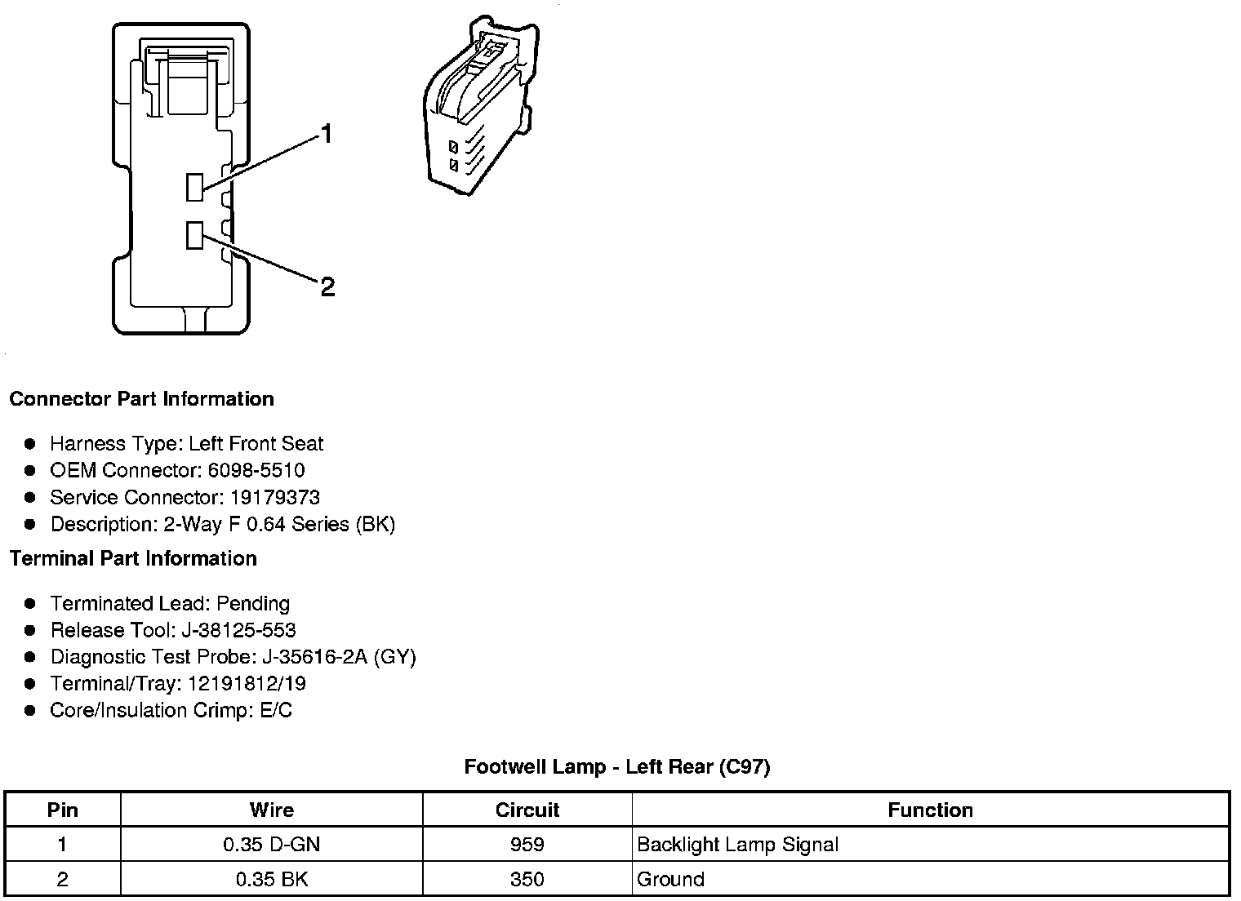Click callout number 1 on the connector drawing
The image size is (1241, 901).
[x=327, y=134]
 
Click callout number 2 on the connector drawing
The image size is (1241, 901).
[x=327, y=286]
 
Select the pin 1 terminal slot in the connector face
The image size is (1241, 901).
[x=194, y=187]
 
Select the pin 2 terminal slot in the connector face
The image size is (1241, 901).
[x=194, y=235]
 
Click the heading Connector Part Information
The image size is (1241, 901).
[x=141, y=399]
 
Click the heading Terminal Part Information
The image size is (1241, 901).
[x=133, y=558]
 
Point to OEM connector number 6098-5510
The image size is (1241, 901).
[x=259, y=470]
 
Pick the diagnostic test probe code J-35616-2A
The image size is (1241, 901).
[x=314, y=657]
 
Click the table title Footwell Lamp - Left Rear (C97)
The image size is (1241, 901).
[x=617, y=766]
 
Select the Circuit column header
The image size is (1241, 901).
[x=527, y=810]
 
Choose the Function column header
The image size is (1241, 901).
[x=930, y=810]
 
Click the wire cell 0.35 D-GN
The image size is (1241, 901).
[x=271, y=844]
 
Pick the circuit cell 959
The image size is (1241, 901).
[x=527, y=844]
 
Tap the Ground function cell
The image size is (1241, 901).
[x=670, y=879]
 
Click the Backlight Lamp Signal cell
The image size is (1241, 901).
[x=737, y=844]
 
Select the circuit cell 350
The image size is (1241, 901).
[x=527, y=879]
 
